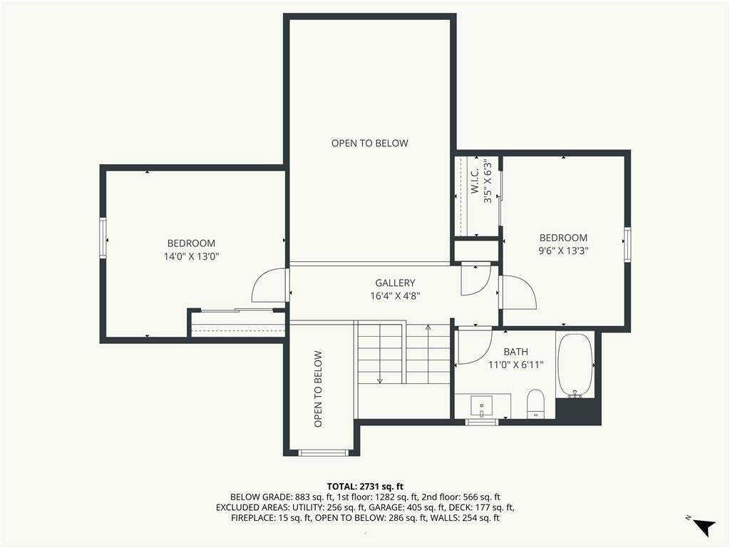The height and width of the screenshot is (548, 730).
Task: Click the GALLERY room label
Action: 395,283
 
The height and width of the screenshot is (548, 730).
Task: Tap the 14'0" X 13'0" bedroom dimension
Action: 191,256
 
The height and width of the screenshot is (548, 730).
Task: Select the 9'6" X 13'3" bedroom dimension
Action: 563,250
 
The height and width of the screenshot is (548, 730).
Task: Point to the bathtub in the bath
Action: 575,365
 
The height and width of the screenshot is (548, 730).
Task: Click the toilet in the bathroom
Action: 535,405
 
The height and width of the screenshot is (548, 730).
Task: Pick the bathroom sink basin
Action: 481,406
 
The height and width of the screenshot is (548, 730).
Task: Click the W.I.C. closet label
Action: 474,181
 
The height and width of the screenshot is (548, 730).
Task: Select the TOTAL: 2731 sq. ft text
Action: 365,487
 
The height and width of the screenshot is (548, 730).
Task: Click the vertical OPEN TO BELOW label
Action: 318,389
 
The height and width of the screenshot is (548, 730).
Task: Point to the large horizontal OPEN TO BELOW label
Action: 370,143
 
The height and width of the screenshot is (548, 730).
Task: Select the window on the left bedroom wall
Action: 103,238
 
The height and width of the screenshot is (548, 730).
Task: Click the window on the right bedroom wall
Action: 627,244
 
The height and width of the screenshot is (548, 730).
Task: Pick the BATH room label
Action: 516,352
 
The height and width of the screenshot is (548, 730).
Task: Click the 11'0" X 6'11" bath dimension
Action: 516,365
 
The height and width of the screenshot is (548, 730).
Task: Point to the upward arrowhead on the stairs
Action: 428,327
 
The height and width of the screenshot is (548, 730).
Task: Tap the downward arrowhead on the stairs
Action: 380,381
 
